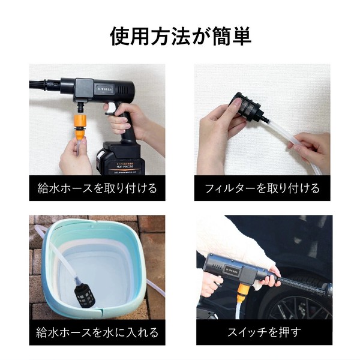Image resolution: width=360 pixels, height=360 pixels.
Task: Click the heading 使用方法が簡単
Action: click(180, 35)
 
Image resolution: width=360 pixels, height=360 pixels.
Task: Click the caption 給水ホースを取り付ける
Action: click(97, 188)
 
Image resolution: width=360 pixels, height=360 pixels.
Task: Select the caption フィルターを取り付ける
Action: click(262, 188)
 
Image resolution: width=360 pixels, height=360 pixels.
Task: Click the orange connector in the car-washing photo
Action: click(243, 292)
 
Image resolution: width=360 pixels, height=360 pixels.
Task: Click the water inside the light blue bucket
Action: click(102, 270)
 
